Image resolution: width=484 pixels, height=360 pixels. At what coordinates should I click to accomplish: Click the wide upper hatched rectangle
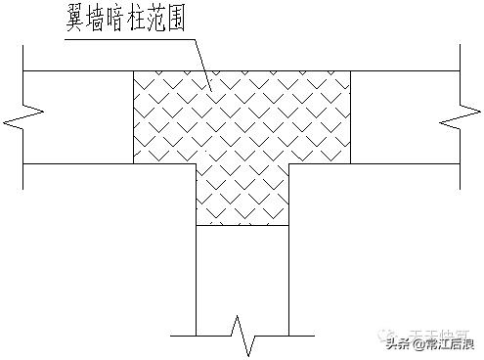(242, 116)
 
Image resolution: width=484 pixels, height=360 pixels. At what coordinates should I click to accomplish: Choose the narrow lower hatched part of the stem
(242, 195)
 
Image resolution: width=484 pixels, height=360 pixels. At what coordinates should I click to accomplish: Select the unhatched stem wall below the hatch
(242, 274)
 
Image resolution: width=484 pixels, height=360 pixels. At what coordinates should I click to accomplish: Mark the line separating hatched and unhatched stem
(242, 226)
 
